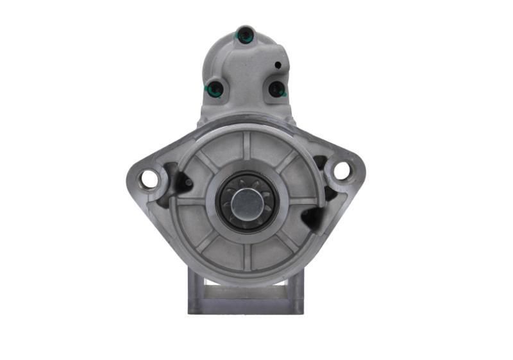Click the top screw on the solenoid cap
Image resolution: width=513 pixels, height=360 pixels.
click(x=245, y=35)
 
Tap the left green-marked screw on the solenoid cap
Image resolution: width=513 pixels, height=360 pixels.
click(x=216, y=90)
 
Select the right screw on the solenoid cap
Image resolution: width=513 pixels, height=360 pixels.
click(x=276, y=89)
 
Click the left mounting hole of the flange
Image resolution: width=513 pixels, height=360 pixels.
click(x=149, y=179)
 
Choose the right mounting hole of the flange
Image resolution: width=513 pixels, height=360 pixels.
click(x=341, y=170)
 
